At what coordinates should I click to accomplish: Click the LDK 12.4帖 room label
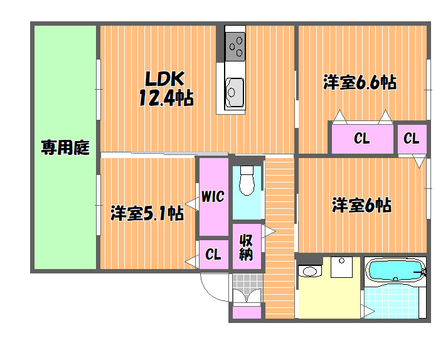(166, 88)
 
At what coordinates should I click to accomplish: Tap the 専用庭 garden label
(65, 147)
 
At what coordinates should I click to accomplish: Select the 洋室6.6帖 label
(360, 83)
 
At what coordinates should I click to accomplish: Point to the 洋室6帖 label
(361, 205)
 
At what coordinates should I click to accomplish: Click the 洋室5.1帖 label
(147, 213)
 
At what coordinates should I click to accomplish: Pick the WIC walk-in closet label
(213, 197)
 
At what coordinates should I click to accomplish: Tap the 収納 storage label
(246, 247)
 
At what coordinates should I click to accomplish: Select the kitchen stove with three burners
(235, 46)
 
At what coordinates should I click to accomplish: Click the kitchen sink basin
(235, 93)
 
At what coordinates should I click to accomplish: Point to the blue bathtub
(396, 270)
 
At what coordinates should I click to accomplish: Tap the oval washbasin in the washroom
(309, 271)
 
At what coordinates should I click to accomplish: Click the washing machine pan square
(341, 267)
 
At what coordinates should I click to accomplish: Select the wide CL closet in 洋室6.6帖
(362, 139)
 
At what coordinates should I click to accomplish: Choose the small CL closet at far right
(412, 139)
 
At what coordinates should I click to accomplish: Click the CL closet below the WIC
(213, 255)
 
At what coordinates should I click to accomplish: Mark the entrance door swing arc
(211, 292)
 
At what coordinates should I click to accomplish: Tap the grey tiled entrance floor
(247, 285)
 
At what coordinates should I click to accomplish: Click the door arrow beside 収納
(269, 231)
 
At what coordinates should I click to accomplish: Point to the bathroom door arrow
(368, 311)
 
